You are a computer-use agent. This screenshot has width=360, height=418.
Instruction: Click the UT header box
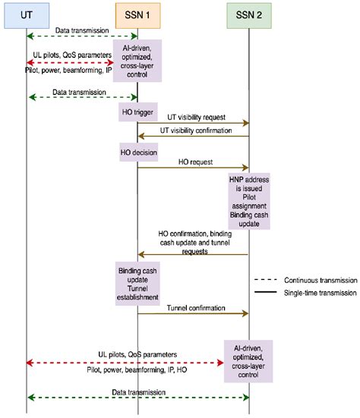coord(26,14)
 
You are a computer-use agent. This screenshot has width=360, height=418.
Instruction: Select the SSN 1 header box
coord(137,14)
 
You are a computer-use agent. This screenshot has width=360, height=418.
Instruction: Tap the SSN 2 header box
coord(248,14)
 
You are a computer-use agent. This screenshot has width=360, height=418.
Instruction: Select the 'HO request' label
coord(194,162)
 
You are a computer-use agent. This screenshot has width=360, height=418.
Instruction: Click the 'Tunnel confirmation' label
coord(192,307)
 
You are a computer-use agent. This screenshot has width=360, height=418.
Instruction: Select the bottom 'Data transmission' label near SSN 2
coord(136,391)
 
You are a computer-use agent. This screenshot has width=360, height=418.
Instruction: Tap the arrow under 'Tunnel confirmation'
coord(193,314)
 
